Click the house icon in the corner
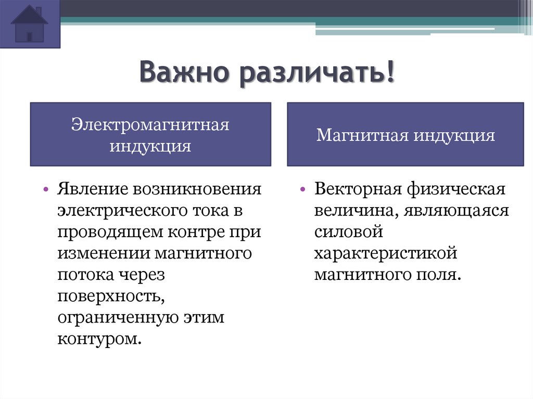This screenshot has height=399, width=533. (x=30, y=24)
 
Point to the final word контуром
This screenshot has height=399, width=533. (x=99, y=339)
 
